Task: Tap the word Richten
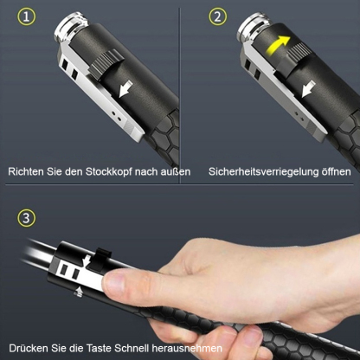(x=27, y=172)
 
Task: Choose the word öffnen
(x=334, y=172)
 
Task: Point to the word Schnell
(x=149, y=347)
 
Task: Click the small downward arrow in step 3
(x=87, y=259)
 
